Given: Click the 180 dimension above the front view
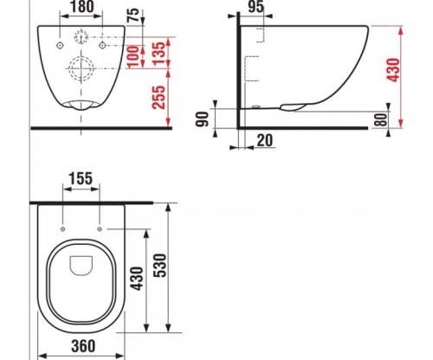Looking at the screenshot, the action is click(x=81, y=7).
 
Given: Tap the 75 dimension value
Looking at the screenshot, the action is click(x=133, y=16).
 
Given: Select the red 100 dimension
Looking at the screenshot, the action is click(x=133, y=56).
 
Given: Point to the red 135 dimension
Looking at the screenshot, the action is click(x=159, y=54).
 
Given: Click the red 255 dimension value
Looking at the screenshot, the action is click(x=159, y=98).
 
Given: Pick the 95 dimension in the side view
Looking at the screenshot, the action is click(x=255, y=7).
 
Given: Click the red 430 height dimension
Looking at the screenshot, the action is click(x=393, y=70).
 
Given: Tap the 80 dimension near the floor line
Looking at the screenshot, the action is click(x=381, y=119).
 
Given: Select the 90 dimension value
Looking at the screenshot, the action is click(x=202, y=119).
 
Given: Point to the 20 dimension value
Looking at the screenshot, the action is click(x=264, y=140).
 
